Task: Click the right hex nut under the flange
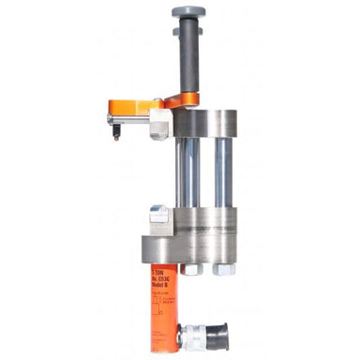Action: point(223,269)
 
